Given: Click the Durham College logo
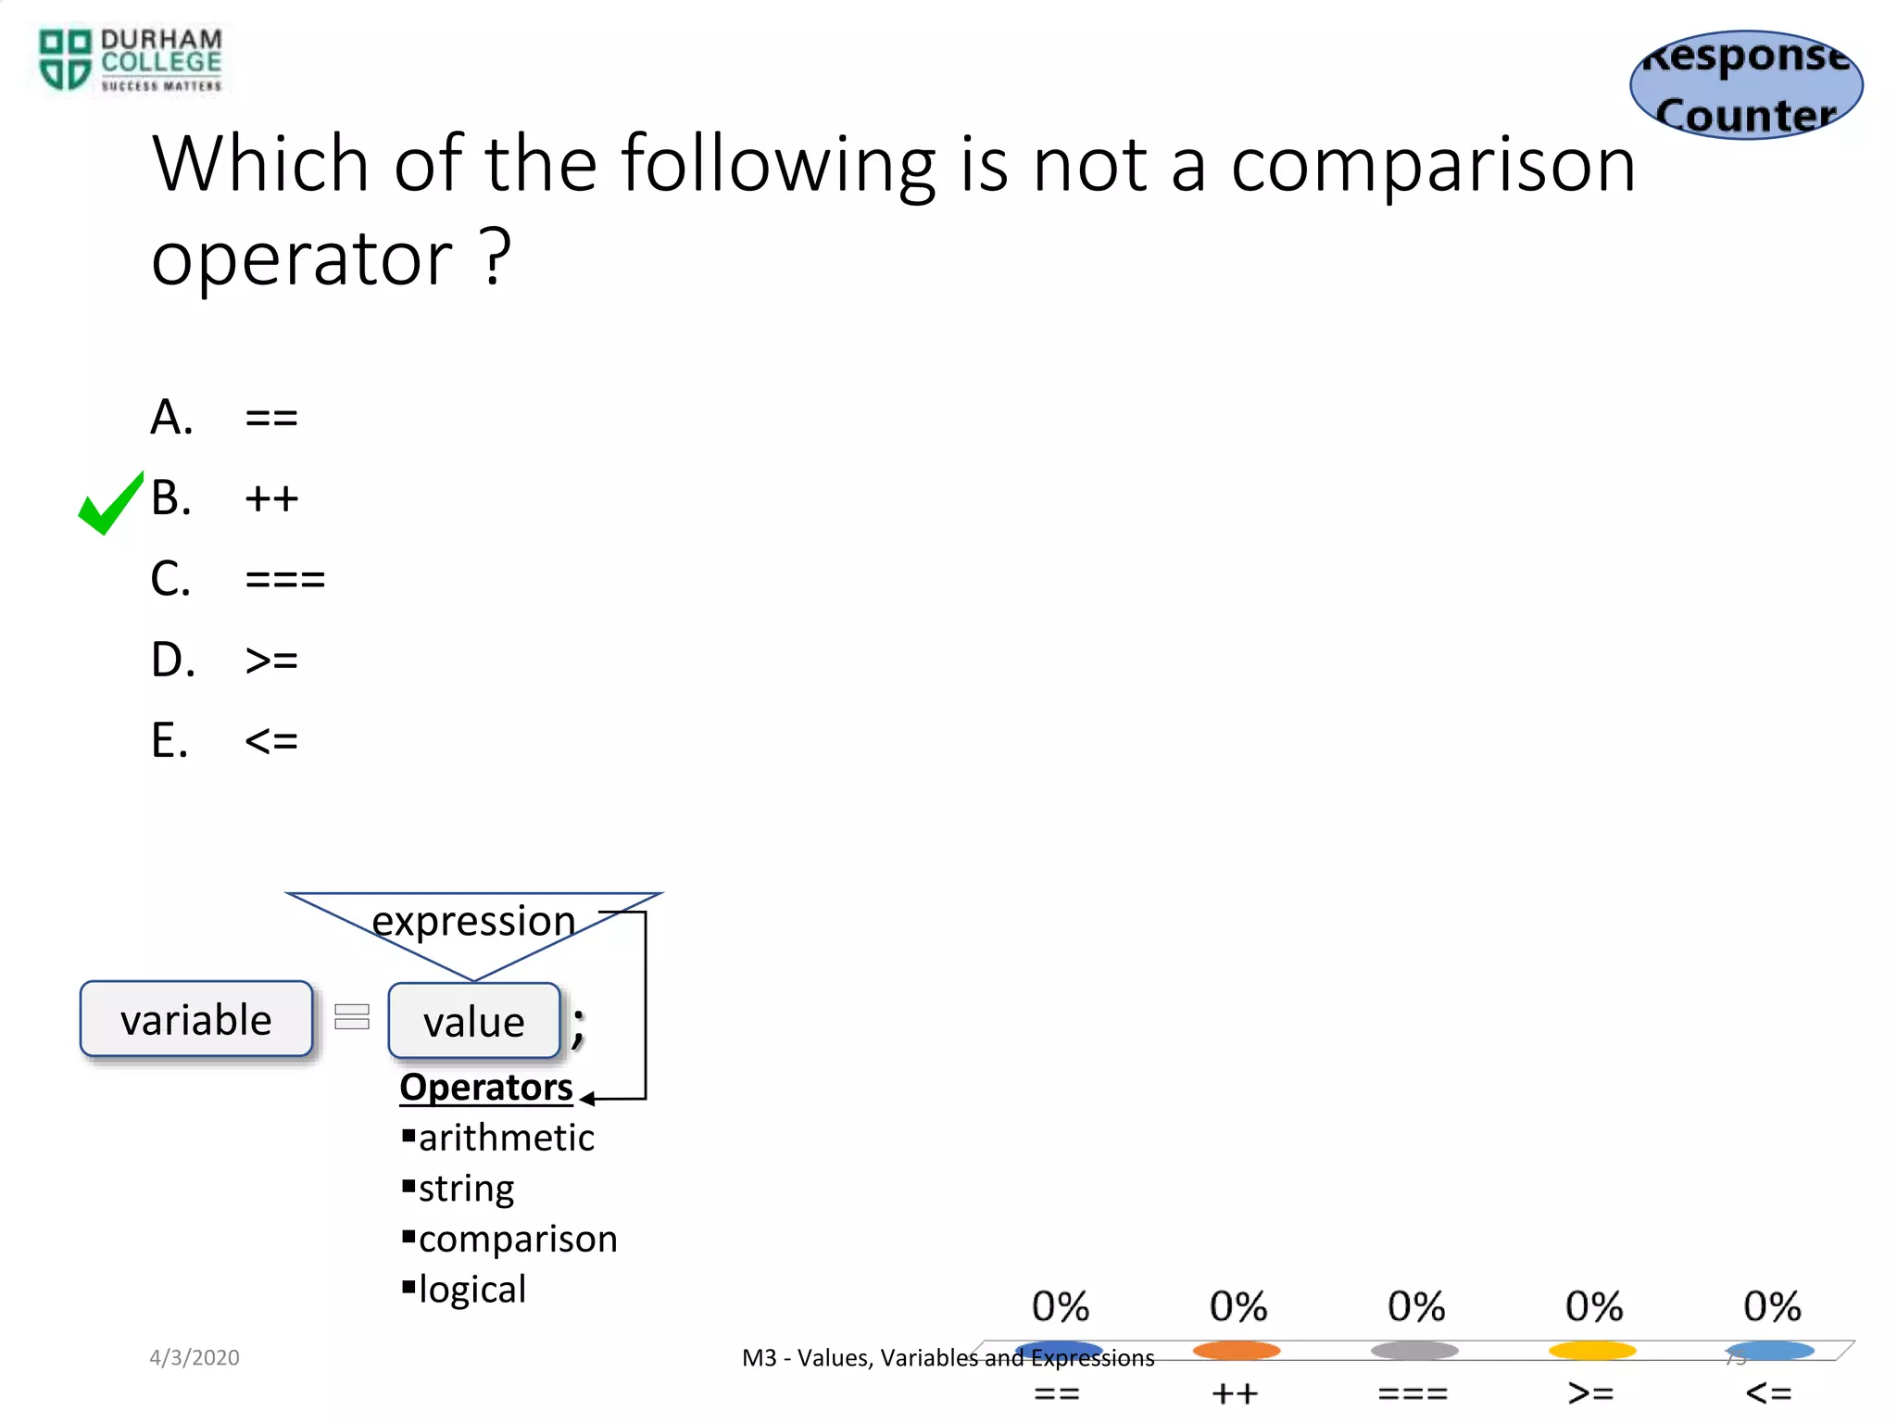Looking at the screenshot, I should tap(130, 60).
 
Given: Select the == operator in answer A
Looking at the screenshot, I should tap(271, 419).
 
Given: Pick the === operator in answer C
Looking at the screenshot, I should tap(285, 581).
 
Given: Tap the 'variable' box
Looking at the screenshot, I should tap(196, 1020).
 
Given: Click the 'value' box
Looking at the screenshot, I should tap(474, 1022).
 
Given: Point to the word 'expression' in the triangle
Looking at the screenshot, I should tap(473, 921).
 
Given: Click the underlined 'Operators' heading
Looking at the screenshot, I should tap(486, 1088).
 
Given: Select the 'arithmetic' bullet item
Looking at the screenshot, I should tap(506, 1139).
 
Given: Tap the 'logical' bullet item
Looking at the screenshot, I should tap(471, 1290).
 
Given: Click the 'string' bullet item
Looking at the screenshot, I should tap(466, 1189).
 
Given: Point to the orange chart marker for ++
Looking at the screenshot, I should tap(1237, 1351).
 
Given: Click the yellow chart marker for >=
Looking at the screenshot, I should tap(1592, 1351).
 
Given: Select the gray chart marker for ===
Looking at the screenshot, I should tap(1414, 1351).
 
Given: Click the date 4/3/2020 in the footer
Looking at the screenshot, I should tap(195, 1358).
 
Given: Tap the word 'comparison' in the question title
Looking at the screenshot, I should tap(1433, 165).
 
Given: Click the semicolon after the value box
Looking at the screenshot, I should tap(578, 1026).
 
